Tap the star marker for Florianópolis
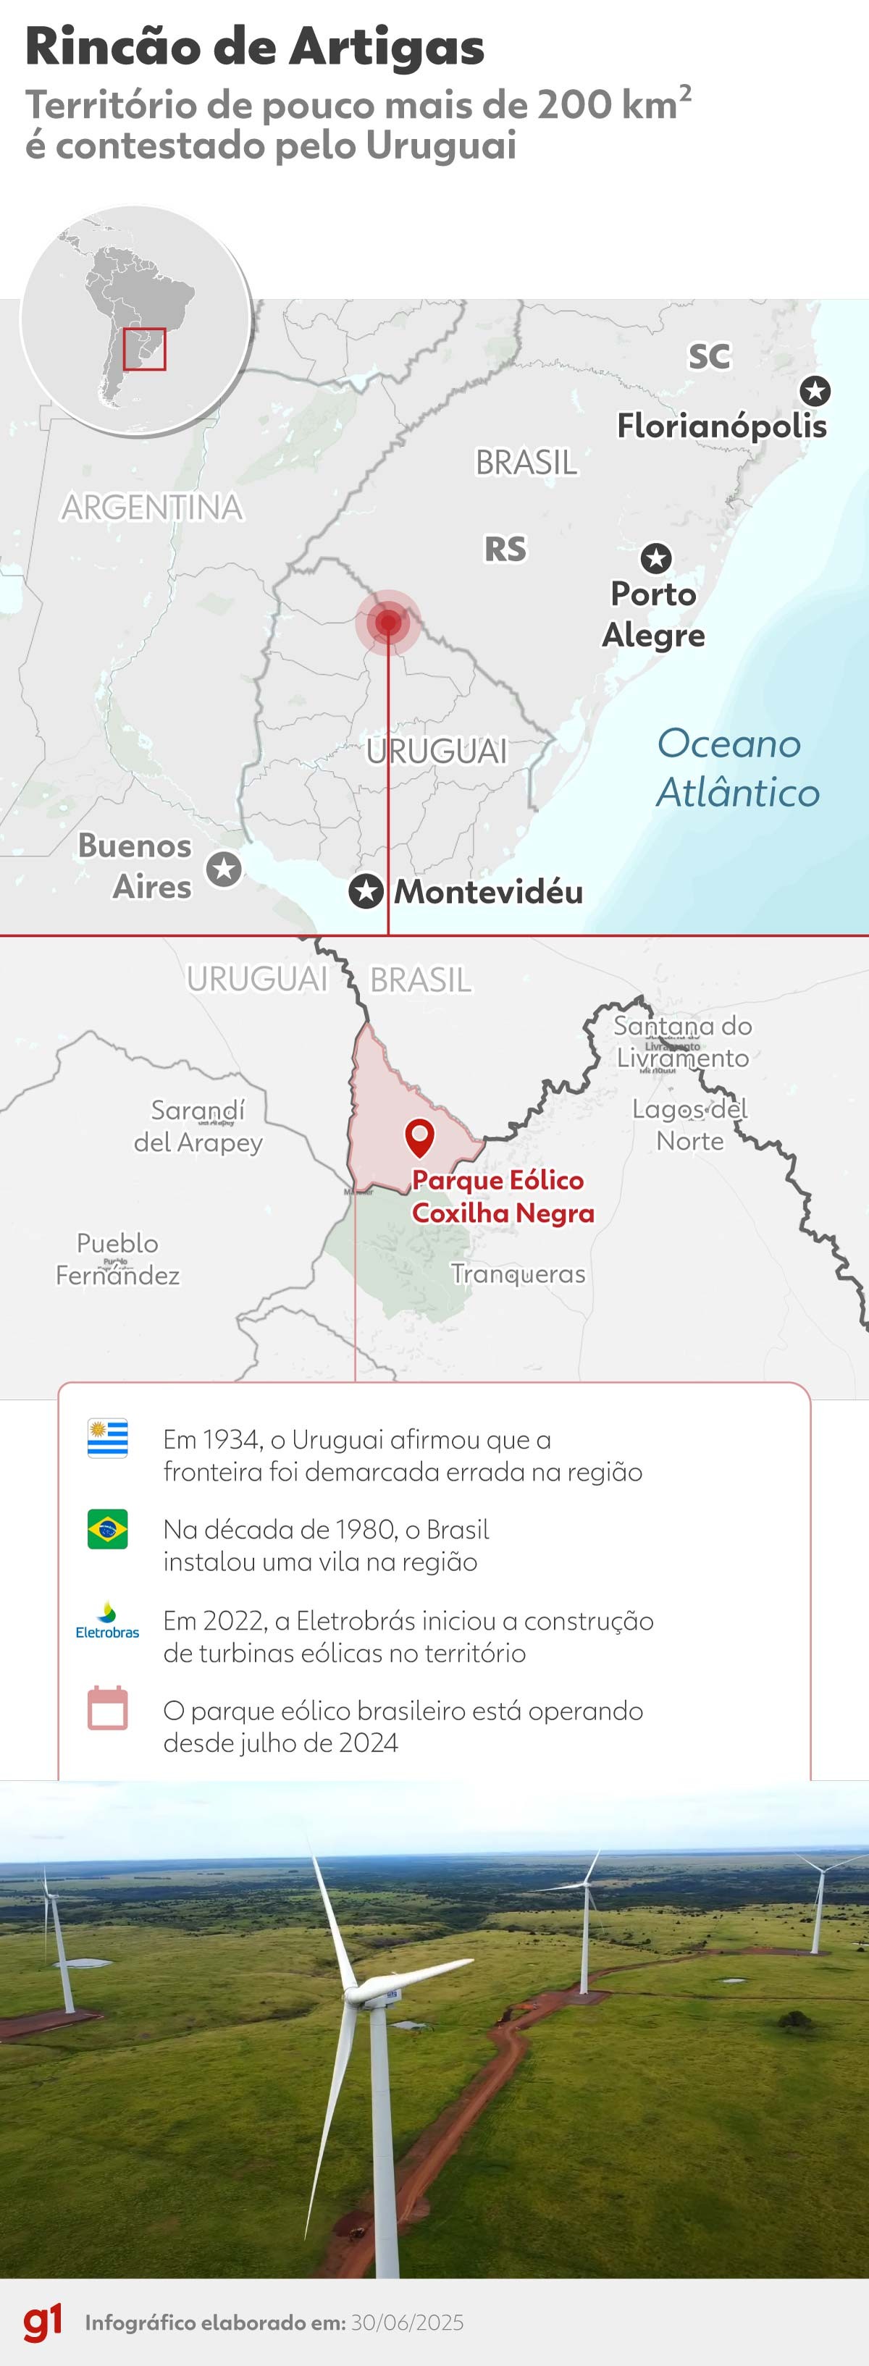pos(814,391)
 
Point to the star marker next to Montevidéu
pos(366,891)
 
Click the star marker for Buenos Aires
pos(223,868)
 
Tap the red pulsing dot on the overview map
pos(387,623)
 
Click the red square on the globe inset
pos(144,349)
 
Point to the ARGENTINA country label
pos(153,507)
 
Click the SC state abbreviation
pos(709,356)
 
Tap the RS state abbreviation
pos(505,550)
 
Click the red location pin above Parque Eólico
pos(420,1138)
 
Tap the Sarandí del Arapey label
pos(198,1126)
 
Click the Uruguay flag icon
pos(107,1439)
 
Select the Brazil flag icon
pos(107,1529)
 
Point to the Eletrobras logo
pos(107,1620)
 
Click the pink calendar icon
pos(107,1709)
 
